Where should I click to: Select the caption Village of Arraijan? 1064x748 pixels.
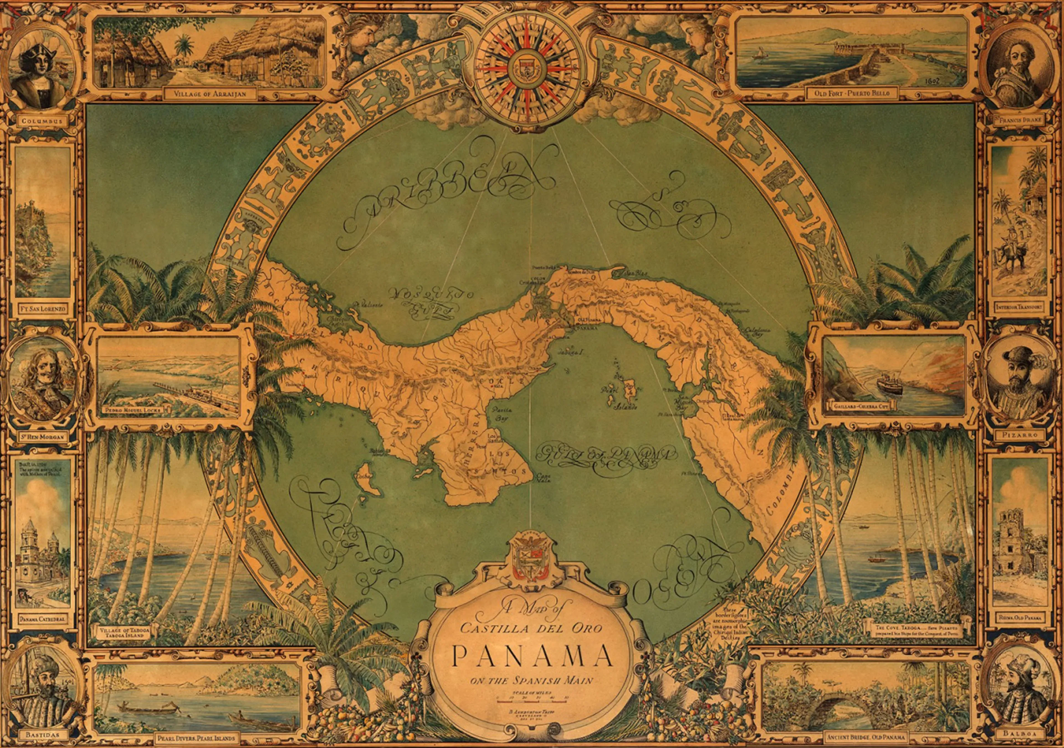point(210,93)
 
